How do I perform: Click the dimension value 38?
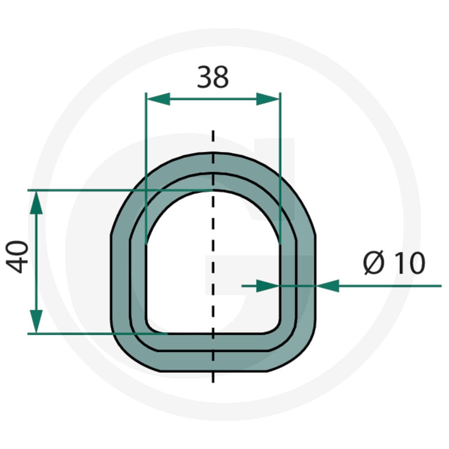click(213, 77)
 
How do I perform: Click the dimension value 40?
click(17, 257)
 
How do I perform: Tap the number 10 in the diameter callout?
click(410, 263)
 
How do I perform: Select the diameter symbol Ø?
click(374, 262)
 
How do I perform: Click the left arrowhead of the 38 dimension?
click(158, 99)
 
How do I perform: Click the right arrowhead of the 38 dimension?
click(268, 99)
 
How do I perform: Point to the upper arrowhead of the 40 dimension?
click(36, 203)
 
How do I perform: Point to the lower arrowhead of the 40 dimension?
click(36, 321)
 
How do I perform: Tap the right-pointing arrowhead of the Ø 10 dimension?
click(268, 286)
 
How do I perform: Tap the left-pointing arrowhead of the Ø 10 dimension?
click(328, 286)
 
